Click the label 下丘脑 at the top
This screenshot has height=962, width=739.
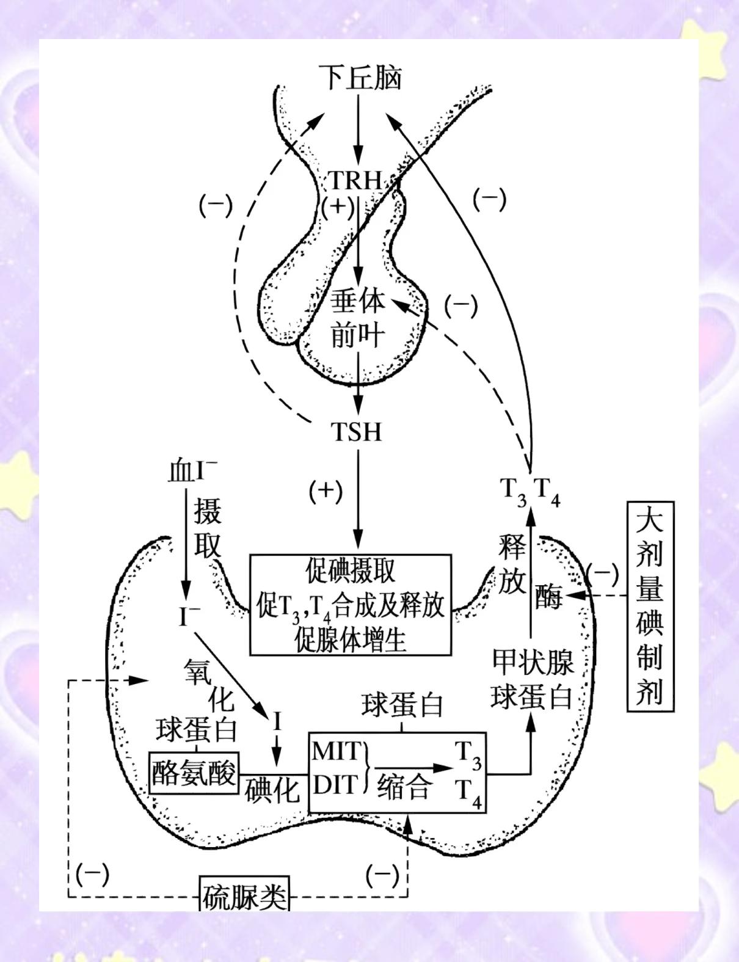(x=360, y=79)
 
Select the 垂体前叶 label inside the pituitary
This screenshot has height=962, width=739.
(x=358, y=319)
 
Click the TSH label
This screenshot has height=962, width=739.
(x=356, y=432)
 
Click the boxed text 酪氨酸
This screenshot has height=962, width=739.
(x=194, y=773)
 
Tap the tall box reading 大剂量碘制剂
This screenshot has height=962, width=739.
(x=650, y=607)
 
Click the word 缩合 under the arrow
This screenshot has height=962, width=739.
(x=403, y=786)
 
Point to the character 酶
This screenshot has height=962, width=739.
(x=548, y=597)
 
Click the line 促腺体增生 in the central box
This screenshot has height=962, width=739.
(x=351, y=641)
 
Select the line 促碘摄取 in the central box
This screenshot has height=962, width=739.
(x=351, y=570)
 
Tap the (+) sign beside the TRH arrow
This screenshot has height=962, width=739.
(x=338, y=206)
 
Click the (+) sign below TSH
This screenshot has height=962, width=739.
(x=325, y=490)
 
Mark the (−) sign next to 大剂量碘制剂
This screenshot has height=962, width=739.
(x=602, y=573)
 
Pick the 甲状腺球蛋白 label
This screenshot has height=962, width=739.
(x=532, y=679)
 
